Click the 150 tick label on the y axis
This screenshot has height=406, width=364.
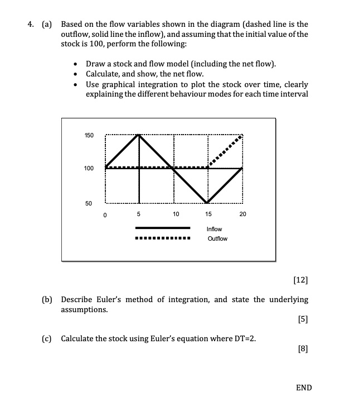[89, 136]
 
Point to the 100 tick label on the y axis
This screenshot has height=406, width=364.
[89, 168]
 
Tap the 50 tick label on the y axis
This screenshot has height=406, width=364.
[89, 203]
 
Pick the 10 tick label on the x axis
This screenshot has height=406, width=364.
[176, 214]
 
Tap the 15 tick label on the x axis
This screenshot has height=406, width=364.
[208, 214]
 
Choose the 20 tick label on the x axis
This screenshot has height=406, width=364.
[242, 214]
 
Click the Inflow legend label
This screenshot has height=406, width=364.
[214, 229]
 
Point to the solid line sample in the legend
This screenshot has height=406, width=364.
[163, 228]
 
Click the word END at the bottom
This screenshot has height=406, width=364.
[304, 388]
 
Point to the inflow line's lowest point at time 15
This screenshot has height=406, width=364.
[208, 202]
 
